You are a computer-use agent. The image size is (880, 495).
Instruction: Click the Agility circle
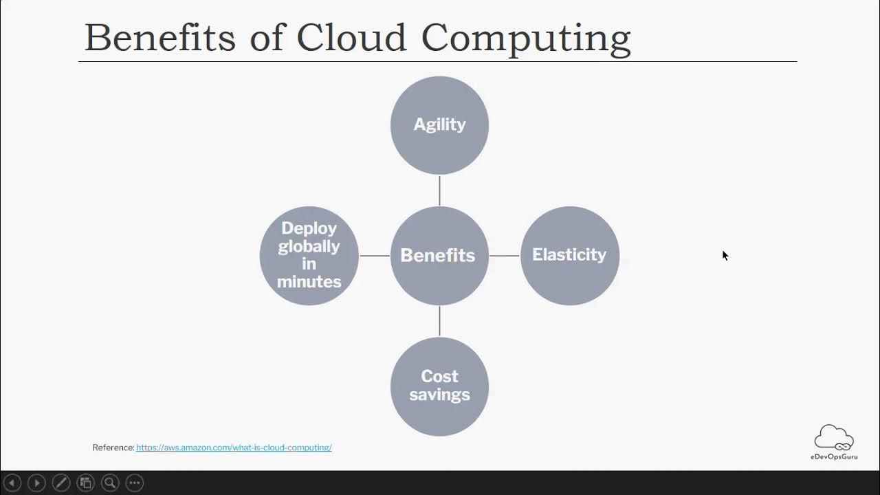click(x=439, y=125)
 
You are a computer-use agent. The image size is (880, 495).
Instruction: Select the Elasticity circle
click(x=570, y=255)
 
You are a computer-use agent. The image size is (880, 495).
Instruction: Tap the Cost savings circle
click(x=439, y=386)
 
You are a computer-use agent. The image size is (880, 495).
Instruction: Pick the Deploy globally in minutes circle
click(x=309, y=255)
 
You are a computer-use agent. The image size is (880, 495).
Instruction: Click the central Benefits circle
click(x=439, y=255)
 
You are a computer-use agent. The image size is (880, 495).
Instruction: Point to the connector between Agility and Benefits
click(x=439, y=190)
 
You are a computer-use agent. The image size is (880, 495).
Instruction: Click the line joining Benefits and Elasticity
click(x=505, y=256)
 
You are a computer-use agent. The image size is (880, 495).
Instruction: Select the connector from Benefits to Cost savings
click(x=439, y=321)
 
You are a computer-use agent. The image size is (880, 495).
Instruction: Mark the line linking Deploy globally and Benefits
click(x=375, y=256)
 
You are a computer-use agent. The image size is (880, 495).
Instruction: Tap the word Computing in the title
click(x=526, y=38)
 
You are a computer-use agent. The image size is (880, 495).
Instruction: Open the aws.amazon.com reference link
click(x=234, y=448)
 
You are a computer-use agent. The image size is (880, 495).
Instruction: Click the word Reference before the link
click(x=113, y=448)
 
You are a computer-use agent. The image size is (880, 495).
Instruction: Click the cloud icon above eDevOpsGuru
click(x=834, y=438)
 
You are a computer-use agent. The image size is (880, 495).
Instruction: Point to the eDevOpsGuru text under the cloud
click(x=834, y=456)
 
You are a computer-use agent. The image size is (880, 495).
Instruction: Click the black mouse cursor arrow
click(x=725, y=255)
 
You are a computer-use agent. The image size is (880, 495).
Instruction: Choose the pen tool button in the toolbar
click(x=61, y=483)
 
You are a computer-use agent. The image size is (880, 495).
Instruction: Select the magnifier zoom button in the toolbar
click(x=110, y=483)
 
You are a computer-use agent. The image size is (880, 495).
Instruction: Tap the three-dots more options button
click(x=135, y=483)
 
